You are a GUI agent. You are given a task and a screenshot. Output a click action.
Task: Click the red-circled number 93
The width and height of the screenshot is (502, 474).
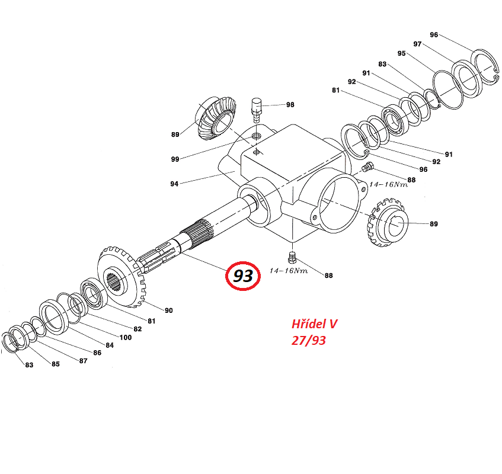tap(243, 276)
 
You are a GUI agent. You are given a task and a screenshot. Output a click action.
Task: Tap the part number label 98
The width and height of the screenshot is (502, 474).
tap(290, 105)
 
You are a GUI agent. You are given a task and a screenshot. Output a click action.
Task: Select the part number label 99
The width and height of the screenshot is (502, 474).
tap(175, 159)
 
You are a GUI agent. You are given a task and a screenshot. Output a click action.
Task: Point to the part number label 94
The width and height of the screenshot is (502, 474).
tap(174, 184)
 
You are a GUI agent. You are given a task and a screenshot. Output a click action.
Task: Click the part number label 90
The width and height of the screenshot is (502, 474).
tap(168, 310)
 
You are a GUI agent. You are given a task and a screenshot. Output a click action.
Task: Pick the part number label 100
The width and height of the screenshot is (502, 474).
tap(125, 338)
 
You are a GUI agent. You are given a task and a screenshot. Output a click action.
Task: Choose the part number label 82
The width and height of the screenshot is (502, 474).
tap(138, 329)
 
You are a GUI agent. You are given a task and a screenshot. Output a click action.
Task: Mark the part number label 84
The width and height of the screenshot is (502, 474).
tap(110, 345)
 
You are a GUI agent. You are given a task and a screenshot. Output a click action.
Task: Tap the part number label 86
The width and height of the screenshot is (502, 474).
tap(97, 353)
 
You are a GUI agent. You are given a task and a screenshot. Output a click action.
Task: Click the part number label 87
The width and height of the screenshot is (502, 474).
tap(84, 360)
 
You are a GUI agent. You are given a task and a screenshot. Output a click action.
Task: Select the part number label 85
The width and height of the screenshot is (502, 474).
tap(55, 364)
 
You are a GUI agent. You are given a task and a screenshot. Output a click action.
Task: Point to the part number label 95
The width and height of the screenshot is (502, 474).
tap(402, 53)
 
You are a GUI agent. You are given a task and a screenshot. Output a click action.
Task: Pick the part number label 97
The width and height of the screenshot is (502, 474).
tap(417, 44)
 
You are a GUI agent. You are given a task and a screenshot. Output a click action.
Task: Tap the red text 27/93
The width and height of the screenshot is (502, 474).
tap(308, 341)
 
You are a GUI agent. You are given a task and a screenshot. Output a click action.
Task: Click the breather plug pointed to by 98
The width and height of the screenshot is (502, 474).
tap(257, 108)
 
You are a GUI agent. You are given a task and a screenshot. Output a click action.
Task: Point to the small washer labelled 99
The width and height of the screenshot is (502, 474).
tap(257, 137)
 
